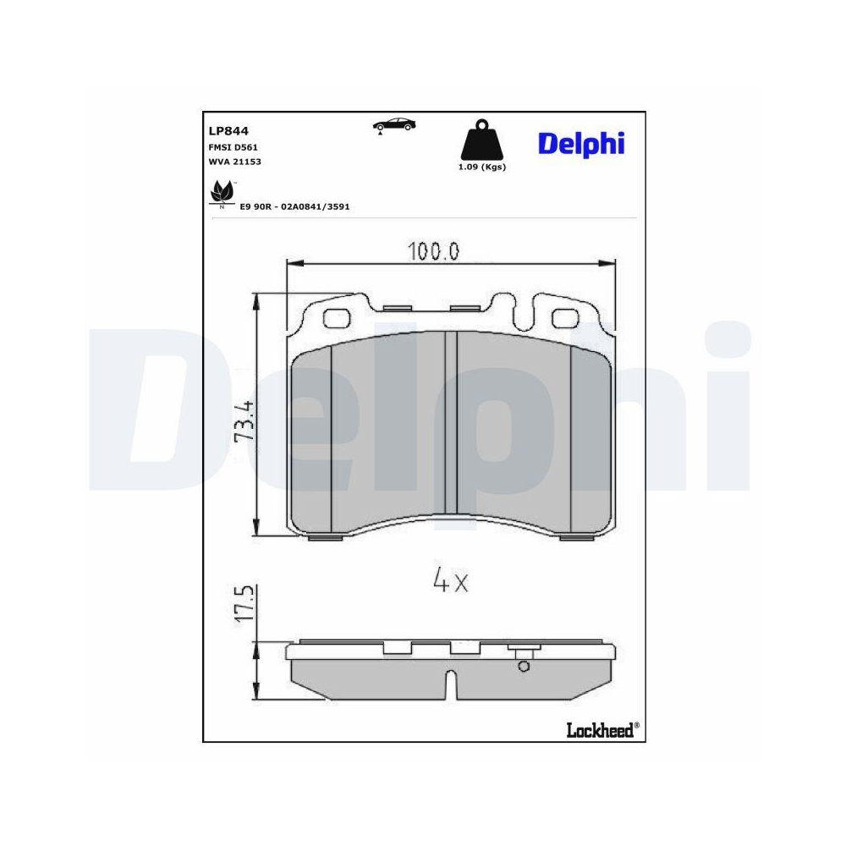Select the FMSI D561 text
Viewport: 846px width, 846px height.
(233, 146)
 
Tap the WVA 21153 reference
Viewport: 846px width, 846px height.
(234, 161)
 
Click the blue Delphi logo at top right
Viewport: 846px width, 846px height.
(580, 143)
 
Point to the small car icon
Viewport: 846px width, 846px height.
(394, 124)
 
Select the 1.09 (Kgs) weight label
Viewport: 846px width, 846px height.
(481, 168)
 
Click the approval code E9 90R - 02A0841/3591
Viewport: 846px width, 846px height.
(294, 206)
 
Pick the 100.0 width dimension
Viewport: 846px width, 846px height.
(432, 251)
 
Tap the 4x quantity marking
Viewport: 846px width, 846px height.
(450, 580)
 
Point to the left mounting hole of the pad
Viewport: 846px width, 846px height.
(338, 318)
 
